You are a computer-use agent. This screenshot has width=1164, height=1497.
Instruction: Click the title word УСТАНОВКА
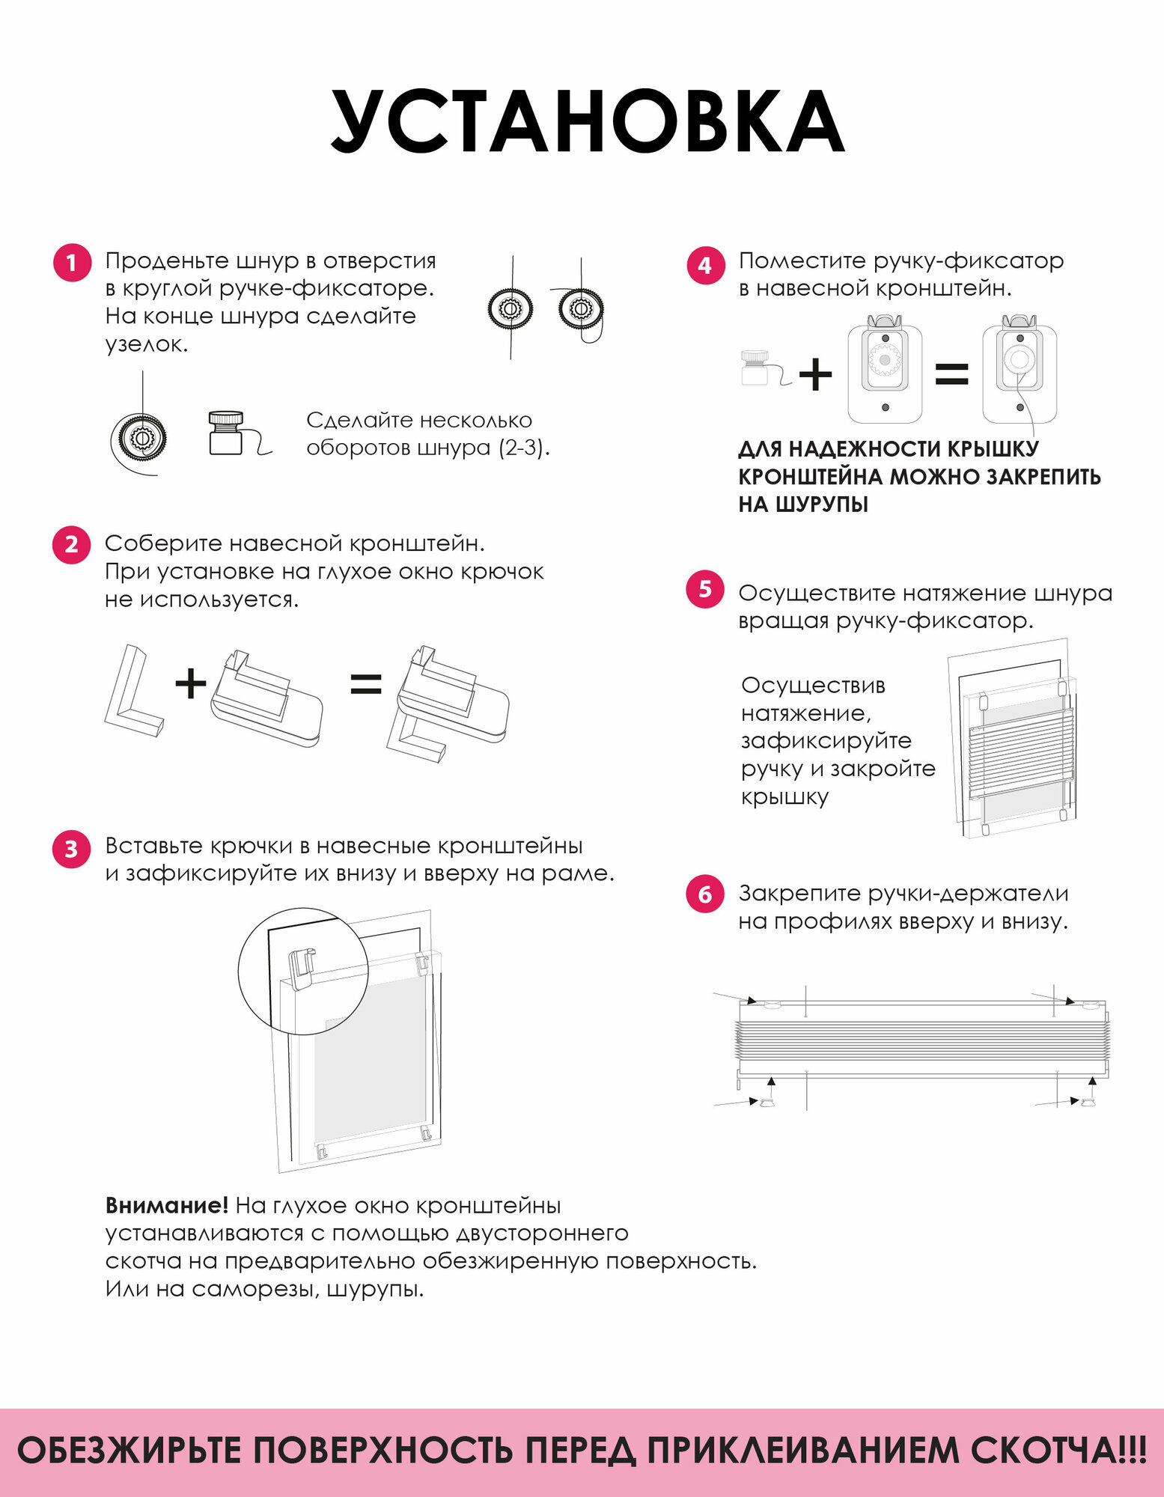coord(588,122)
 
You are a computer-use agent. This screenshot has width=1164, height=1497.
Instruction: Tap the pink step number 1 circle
coord(71,263)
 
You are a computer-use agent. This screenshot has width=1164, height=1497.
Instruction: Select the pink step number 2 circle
coord(71,544)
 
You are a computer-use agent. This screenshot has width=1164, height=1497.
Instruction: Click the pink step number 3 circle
coord(71,849)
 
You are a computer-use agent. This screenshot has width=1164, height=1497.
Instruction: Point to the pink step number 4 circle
coord(704,265)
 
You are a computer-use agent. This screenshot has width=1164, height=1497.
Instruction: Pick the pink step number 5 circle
coord(704,589)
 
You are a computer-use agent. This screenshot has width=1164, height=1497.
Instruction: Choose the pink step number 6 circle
coord(704,894)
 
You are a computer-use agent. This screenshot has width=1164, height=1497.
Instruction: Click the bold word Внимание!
coord(166,1206)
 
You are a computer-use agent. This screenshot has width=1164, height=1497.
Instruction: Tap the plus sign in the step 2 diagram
coord(190,684)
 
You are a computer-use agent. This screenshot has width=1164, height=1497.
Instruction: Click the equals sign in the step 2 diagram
coord(366,684)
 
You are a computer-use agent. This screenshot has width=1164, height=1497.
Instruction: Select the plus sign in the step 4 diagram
coord(815,374)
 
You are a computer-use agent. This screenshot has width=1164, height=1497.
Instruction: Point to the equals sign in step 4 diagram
coord(952,374)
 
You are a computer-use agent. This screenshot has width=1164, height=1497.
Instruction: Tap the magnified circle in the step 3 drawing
coord(303,971)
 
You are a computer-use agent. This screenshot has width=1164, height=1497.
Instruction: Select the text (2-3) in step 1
coord(524,448)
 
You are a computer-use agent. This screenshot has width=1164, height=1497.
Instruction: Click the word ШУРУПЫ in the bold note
coord(821,505)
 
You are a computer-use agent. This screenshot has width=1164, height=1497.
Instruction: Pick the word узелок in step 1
coord(146,344)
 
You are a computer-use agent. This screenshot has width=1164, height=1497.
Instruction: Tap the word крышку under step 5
coord(784,797)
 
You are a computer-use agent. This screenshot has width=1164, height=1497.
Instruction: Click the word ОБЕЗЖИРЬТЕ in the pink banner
coord(129,1450)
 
